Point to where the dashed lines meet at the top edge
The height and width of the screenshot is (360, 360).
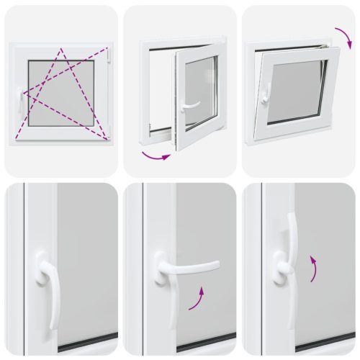[61, 50]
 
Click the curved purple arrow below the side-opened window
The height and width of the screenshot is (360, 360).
[156, 154]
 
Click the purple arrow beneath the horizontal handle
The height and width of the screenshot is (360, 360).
[198, 298]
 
